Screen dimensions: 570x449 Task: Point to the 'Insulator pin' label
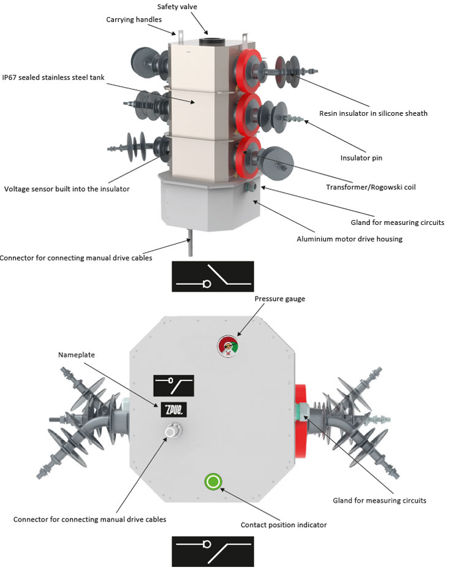click(361, 158)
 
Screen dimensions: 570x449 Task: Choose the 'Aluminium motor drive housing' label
click(349, 238)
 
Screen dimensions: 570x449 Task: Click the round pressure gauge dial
click(227, 346)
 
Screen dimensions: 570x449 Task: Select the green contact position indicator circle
click(213, 482)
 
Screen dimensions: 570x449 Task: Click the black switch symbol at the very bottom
click(213, 550)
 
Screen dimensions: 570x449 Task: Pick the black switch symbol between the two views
click(213, 276)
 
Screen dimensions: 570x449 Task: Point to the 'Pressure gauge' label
click(279, 298)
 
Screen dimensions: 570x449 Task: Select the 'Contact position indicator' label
click(284, 525)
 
